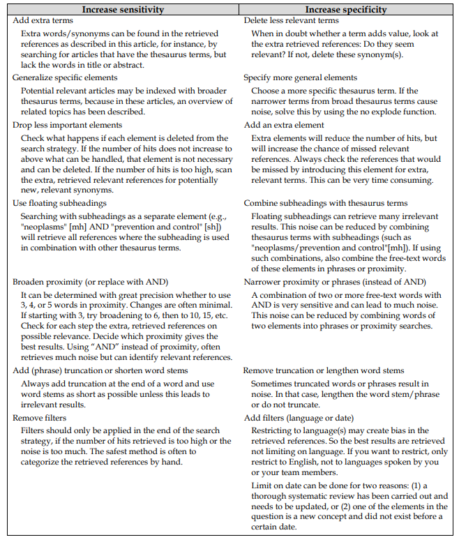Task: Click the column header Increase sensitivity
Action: coord(123,10)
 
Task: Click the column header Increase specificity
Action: coord(346,10)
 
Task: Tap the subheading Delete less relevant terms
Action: coord(292,20)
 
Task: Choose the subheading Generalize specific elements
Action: coord(64,77)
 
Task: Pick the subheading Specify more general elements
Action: coord(300,77)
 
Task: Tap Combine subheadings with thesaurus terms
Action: coord(326,203)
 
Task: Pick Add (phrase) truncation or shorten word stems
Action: coord(103,370)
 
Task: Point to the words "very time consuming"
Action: coord(391,181)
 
